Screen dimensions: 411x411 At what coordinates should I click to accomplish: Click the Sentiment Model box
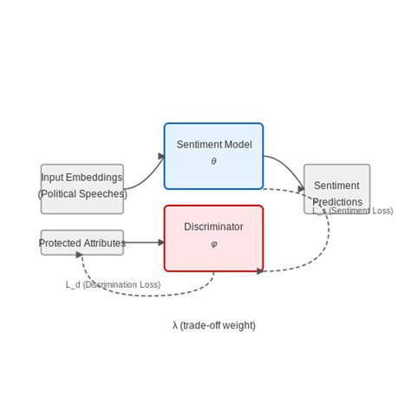213,156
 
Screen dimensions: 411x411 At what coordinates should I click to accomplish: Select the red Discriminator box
213,238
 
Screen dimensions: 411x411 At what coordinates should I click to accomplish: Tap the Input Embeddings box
82,189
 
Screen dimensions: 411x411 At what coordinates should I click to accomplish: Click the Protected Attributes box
82,243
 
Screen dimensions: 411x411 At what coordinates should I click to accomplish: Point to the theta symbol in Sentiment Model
213,161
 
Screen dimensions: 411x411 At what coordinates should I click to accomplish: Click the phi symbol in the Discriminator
213,244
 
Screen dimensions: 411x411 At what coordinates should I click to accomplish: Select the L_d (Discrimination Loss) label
113,284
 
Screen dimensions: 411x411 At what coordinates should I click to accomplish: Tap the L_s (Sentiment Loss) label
353,211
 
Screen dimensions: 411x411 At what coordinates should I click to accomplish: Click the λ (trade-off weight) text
213,325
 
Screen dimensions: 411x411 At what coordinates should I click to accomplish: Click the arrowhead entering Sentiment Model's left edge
161,157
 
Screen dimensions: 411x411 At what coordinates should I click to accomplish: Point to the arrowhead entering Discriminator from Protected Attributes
160,243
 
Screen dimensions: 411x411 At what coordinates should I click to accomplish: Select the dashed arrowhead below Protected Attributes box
79,255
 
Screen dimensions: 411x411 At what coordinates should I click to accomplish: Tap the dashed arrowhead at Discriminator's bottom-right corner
260,271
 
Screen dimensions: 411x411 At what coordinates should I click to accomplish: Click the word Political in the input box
64,194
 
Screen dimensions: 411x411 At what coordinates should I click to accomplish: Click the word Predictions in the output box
336,202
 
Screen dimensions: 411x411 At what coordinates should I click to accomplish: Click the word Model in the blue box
238,145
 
